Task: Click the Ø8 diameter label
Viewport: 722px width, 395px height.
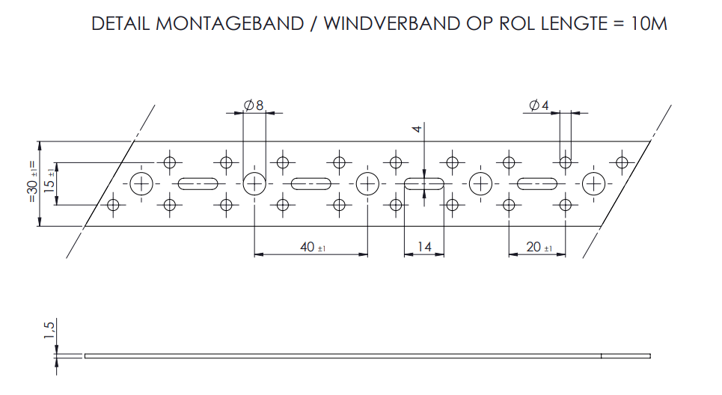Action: tap(254, 105)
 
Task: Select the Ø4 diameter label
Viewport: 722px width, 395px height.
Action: tap(539, 105)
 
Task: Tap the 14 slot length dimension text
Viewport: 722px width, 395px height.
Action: tap(423, 247)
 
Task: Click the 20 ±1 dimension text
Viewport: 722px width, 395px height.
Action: tap(538, 247)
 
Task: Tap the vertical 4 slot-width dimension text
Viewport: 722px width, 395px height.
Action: tap(418, 129)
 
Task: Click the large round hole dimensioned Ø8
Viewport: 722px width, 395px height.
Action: tap(254, 183)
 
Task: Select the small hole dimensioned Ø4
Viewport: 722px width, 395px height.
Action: tap(566, 162)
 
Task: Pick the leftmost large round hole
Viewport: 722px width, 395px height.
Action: tap(141, 183)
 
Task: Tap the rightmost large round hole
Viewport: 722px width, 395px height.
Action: tap(593, 183)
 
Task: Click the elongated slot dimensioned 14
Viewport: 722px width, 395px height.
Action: tap(424, 183)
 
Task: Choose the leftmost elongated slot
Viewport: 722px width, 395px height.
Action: tap(198, 183)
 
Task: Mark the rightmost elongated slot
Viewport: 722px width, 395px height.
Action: tap(537, 183)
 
